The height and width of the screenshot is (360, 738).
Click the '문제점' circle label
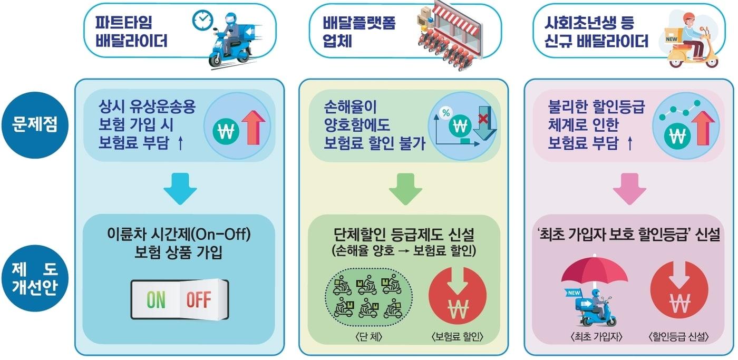pos(35,125)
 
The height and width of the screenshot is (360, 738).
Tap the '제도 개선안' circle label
pos(35,278)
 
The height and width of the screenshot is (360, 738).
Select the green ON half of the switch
pos(156,299)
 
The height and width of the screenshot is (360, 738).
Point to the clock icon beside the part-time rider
pos(202,21)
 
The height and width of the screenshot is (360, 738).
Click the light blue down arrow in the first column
pos(180,188)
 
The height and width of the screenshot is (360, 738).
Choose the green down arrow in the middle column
pos(405,189)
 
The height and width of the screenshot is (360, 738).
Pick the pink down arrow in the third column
pos(629,189)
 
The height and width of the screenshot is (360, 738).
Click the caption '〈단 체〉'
pos(368,337)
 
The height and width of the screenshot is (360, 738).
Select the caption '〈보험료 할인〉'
pos(457,337)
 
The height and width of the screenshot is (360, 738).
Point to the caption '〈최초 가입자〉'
pos(596,337)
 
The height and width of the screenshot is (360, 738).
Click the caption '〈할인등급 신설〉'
pos(678,337)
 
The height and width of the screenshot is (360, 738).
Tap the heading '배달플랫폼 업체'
pos(359,32)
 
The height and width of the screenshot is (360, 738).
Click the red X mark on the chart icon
pos(483,118)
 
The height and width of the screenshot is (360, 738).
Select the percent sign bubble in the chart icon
pos(446,113)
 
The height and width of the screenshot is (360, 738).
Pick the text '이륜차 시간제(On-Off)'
pos(179,234)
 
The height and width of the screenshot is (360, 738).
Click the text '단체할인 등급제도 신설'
pos(404,235)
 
